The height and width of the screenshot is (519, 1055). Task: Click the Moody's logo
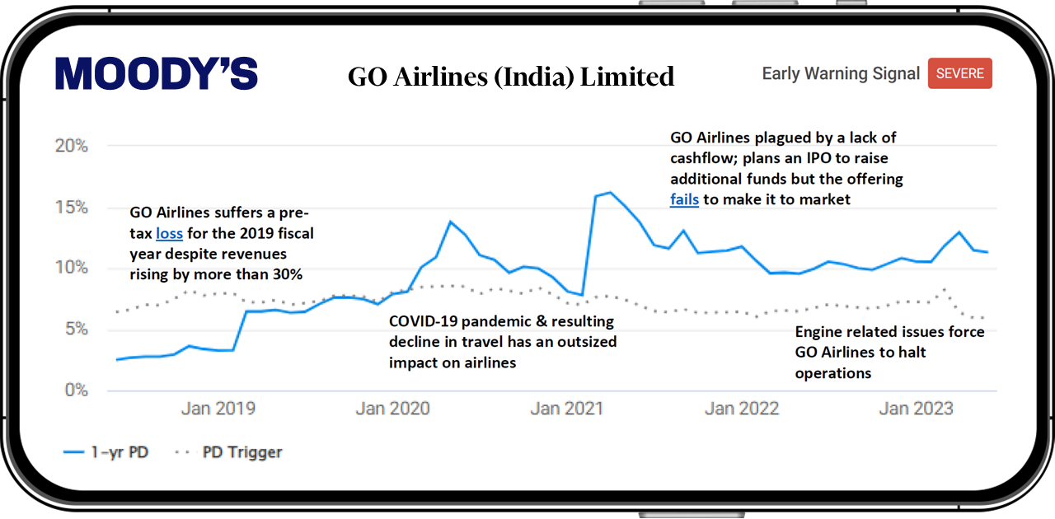[157, 73]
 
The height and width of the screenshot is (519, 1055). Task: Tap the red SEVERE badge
[960, 73]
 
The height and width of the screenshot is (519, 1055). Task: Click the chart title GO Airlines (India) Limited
[511, 77]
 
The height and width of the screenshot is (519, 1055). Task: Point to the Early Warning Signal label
[841, 73]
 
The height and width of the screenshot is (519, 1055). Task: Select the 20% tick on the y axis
[72, 146]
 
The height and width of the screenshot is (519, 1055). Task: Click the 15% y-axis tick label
[72, 208]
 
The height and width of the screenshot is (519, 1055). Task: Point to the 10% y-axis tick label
[72, 268]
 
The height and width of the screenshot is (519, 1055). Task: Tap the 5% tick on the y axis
[77, 329]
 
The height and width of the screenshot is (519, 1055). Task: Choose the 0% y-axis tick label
[77, 390]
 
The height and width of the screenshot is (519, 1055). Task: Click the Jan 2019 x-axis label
[218, 409]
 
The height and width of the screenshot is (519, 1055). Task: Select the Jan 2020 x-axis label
[393, 409]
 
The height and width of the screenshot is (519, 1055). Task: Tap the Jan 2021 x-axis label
[567, 409]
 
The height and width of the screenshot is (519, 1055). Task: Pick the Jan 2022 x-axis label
[742, 409]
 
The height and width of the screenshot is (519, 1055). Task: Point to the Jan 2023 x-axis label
[916, 409]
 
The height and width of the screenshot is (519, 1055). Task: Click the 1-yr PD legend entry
[106, 452]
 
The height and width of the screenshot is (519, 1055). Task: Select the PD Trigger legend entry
[228, 452]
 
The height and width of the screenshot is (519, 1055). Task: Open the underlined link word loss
[169, 234]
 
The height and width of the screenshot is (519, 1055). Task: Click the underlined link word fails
[684, 199]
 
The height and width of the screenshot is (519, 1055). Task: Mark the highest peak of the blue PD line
[611, 192]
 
